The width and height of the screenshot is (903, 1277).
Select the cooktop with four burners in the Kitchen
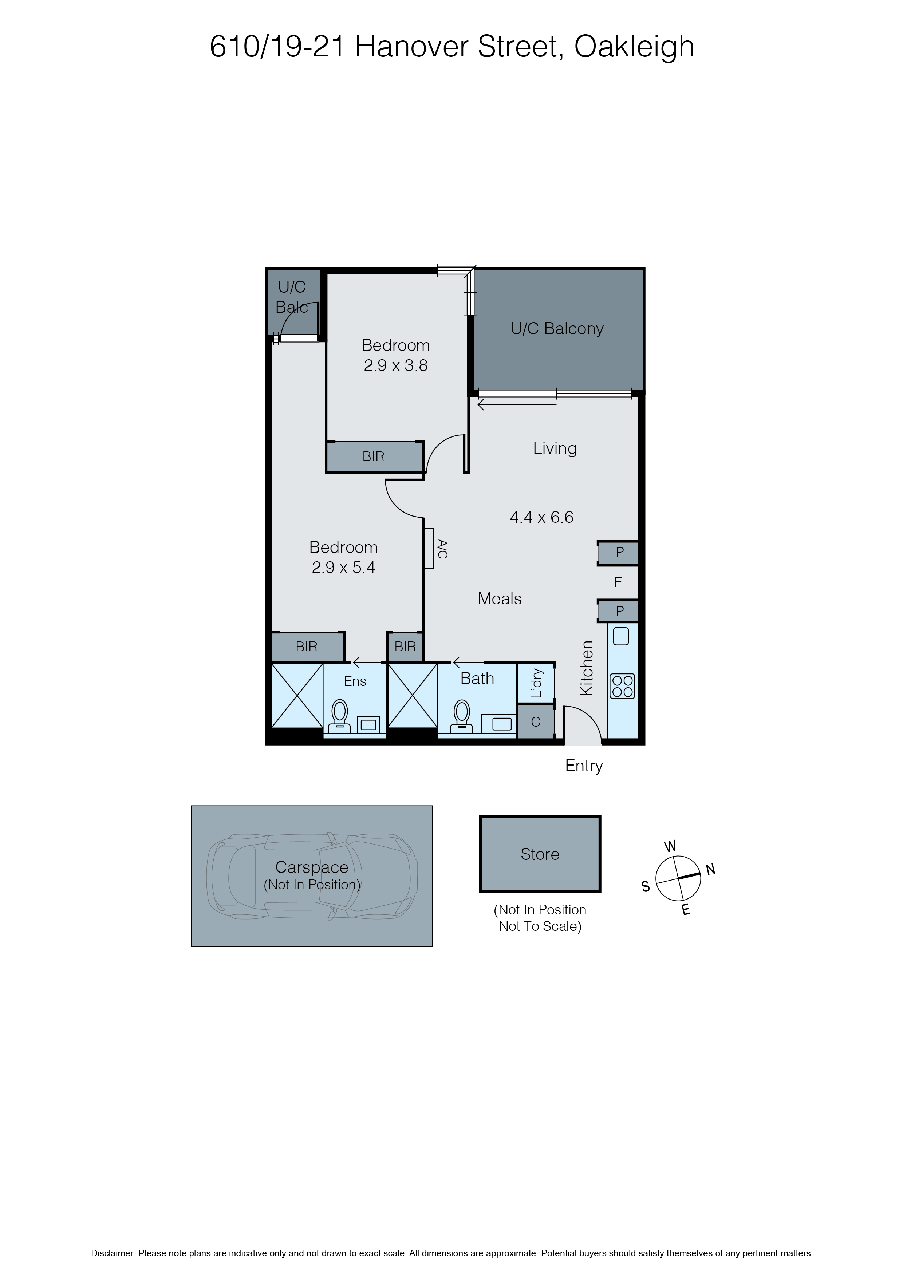click(x=622, y=686)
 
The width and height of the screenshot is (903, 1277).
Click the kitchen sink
click(x=621, y=636)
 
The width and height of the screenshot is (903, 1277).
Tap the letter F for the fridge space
click(x=618, y=582)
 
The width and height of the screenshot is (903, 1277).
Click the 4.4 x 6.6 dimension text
click(x=541, y=517)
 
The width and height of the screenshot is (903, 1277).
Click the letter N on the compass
click(x=710, y=869)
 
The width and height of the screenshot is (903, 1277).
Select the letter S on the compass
click(x=646, y=886)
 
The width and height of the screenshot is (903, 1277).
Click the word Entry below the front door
click(x=584, y=766)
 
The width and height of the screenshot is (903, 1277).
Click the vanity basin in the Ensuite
click(x=368, y=724)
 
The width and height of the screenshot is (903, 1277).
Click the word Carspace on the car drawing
click(x=312, y=867)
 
